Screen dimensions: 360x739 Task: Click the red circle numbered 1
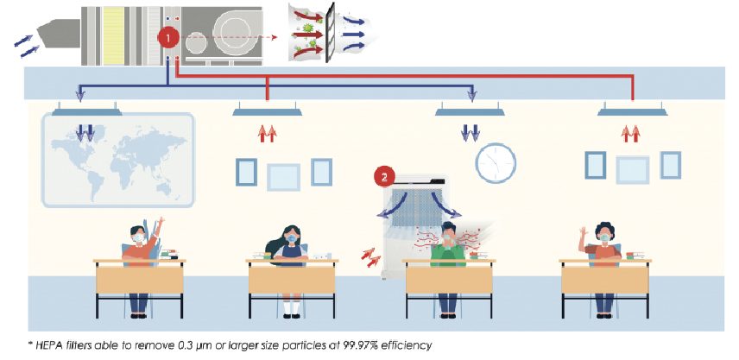coord(169,38)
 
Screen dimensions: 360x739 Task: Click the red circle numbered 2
coord(384,178)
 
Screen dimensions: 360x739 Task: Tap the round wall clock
coord(496,163)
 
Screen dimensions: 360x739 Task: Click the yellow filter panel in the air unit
coord(117,35)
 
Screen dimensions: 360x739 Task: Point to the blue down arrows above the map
coord(85,132)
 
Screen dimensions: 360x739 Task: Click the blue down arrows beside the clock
coord(471,132)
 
